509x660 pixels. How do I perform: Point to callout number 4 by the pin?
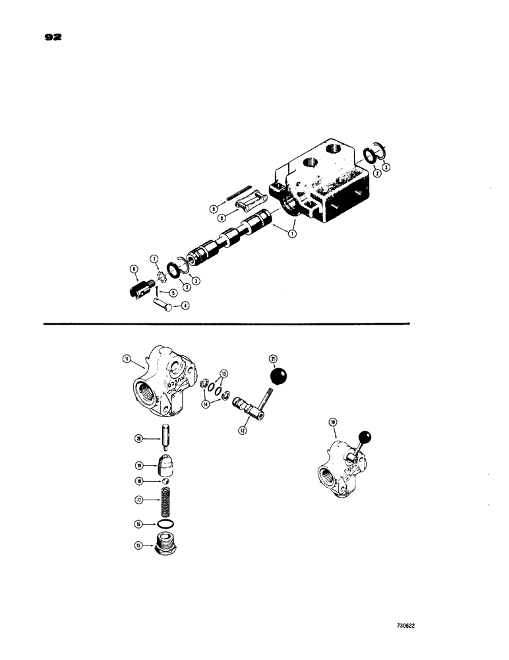[x=185, y=305]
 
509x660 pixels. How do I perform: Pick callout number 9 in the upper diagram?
[x=213, y=209]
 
